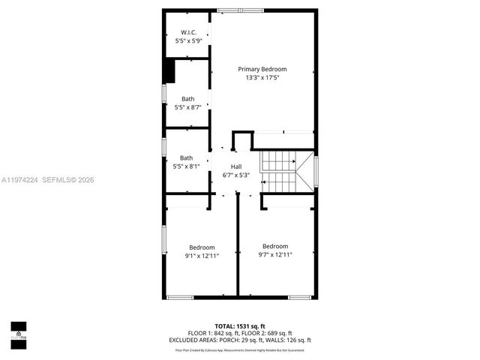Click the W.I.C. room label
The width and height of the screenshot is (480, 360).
click(187, 31)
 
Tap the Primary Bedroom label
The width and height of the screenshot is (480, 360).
click(262, 69)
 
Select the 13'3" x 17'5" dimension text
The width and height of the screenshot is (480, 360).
click(262, 78)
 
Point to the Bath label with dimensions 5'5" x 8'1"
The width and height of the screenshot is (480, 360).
click(186, 157)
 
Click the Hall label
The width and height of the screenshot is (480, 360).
click(236, 166)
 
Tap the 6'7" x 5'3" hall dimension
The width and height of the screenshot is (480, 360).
click(236, 175)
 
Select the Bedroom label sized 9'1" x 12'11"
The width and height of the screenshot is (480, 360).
click(202, 247)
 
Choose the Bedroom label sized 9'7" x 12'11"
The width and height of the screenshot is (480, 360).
click(275, 246)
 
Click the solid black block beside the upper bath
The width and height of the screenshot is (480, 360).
click(169, 71)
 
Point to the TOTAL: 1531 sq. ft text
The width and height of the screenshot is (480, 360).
click(240, 326)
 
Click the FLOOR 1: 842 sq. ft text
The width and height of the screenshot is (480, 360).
click(213, 333)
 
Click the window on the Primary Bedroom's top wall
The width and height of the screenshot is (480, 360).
click(240, 10)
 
